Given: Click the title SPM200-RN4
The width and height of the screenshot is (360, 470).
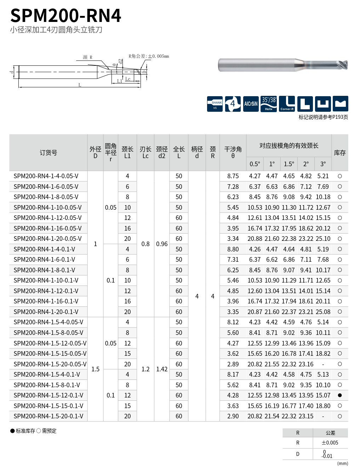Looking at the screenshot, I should pos(65,16).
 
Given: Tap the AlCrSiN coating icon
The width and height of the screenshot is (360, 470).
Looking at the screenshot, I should pos(251,104).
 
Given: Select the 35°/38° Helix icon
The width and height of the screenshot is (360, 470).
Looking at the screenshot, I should pos(269,104).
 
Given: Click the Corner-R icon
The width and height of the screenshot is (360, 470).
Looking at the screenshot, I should pos(287,104).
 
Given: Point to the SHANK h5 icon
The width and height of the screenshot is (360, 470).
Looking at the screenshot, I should pos(215,104).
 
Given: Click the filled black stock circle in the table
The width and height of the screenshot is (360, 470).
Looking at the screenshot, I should pos(340,395).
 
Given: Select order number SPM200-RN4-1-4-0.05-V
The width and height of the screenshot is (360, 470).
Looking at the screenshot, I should pos(46,176).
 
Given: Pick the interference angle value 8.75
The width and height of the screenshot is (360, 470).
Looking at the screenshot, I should pos(233,176).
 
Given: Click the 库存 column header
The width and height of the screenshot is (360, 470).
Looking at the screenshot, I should pos(340,153).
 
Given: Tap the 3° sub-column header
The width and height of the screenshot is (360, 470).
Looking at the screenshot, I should pos(323,164).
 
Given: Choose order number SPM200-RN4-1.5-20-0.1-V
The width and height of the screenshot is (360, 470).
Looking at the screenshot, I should pos(48,416).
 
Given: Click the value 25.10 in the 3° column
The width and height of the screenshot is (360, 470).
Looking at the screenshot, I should pos(323,239).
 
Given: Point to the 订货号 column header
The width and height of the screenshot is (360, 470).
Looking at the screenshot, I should pos(48,153).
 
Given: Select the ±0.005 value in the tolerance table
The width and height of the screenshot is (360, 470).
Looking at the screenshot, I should pos(330,443).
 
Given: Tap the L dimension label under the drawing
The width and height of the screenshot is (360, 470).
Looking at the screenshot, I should pos(80,85).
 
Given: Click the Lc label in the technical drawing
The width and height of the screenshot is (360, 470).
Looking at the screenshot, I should pos(128,79).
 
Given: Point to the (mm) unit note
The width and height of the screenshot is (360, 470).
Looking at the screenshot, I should pos(343,463).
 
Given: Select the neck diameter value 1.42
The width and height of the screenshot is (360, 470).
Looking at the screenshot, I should pos(162,369).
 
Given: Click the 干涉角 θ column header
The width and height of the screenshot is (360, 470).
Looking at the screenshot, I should pos(233,152).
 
